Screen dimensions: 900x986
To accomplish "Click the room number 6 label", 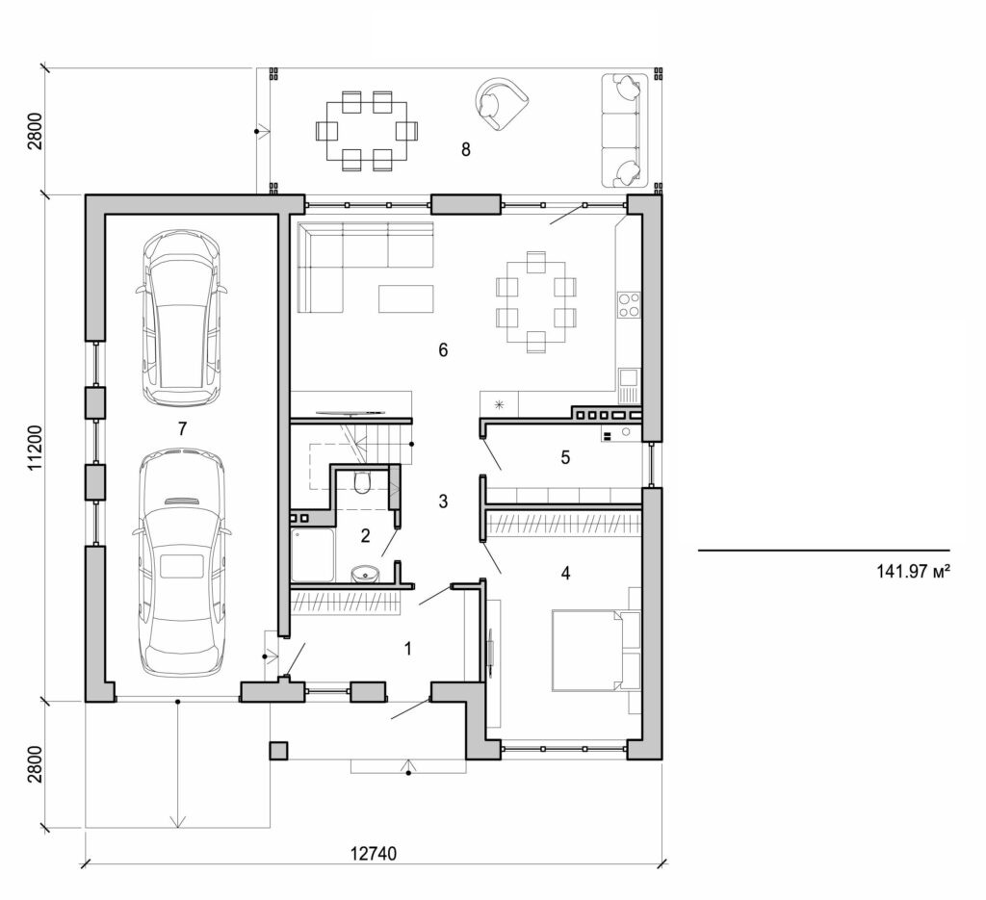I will click(443, 350).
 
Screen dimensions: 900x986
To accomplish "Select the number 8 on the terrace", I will click(466, 149).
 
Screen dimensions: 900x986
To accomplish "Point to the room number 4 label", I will click(566, 574).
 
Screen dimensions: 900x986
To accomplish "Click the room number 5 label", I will click(565, 457).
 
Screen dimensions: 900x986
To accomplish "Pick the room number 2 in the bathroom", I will click(365, 535).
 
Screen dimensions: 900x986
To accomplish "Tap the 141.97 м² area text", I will click(914, 571).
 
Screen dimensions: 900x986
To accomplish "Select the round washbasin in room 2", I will click(365, 574).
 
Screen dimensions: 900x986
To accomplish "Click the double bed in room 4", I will click(587, 649).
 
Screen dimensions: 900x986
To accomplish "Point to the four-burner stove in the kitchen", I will click(629, 304).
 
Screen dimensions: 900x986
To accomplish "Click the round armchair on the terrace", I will click(503, 103).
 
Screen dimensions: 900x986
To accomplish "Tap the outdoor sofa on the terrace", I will click(623, 130).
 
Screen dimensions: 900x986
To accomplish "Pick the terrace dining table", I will click(368, 130).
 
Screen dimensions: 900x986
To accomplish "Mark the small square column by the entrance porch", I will click(279, 750).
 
